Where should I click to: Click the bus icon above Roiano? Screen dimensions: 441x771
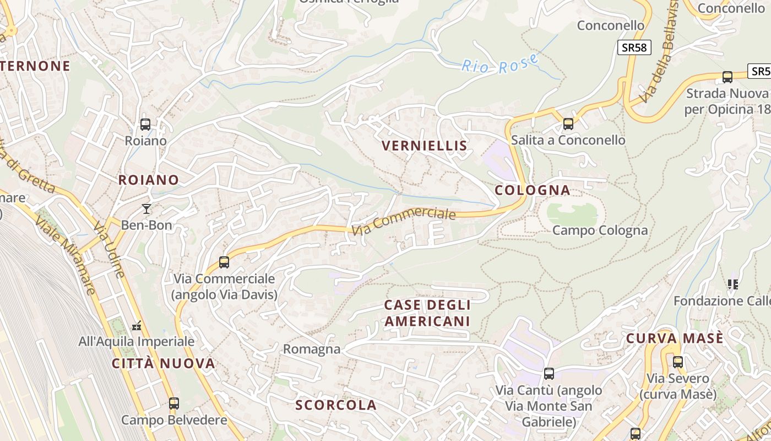pos(145,125)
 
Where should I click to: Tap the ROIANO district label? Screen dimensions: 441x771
pos(149,180)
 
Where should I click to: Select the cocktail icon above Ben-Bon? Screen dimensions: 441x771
pos(146,208)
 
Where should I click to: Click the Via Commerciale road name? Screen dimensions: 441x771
pos(404,222)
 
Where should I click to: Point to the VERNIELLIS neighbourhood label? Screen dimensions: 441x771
pos(425,146)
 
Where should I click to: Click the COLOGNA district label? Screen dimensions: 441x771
pos(533,190)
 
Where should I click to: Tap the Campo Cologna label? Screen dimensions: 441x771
pos(600,230)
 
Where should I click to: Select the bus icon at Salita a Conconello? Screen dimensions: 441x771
pos(568,124)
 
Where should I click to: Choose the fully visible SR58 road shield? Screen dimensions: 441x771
pos(634,47)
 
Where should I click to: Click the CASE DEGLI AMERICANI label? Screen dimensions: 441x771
pos(427,313)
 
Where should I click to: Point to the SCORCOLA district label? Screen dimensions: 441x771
pos(336,405)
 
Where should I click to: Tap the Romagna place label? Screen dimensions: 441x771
pos(312,349)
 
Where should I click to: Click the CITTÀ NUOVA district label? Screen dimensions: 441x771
pos(164,363)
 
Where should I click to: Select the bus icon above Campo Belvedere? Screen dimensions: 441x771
pos(174,404)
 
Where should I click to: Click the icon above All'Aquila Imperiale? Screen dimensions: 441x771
pos(137,326)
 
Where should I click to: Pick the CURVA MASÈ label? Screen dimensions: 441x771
pos(675,338)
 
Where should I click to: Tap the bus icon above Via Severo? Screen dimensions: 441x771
pos(678,362)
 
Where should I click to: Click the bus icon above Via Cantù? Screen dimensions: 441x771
pos(549,374)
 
